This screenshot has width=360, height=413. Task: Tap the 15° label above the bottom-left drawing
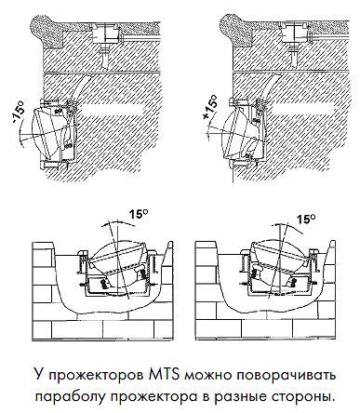[139, 214]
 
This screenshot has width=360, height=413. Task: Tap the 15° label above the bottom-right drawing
[306, 219]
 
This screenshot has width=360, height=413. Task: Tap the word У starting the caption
[38, 375]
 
